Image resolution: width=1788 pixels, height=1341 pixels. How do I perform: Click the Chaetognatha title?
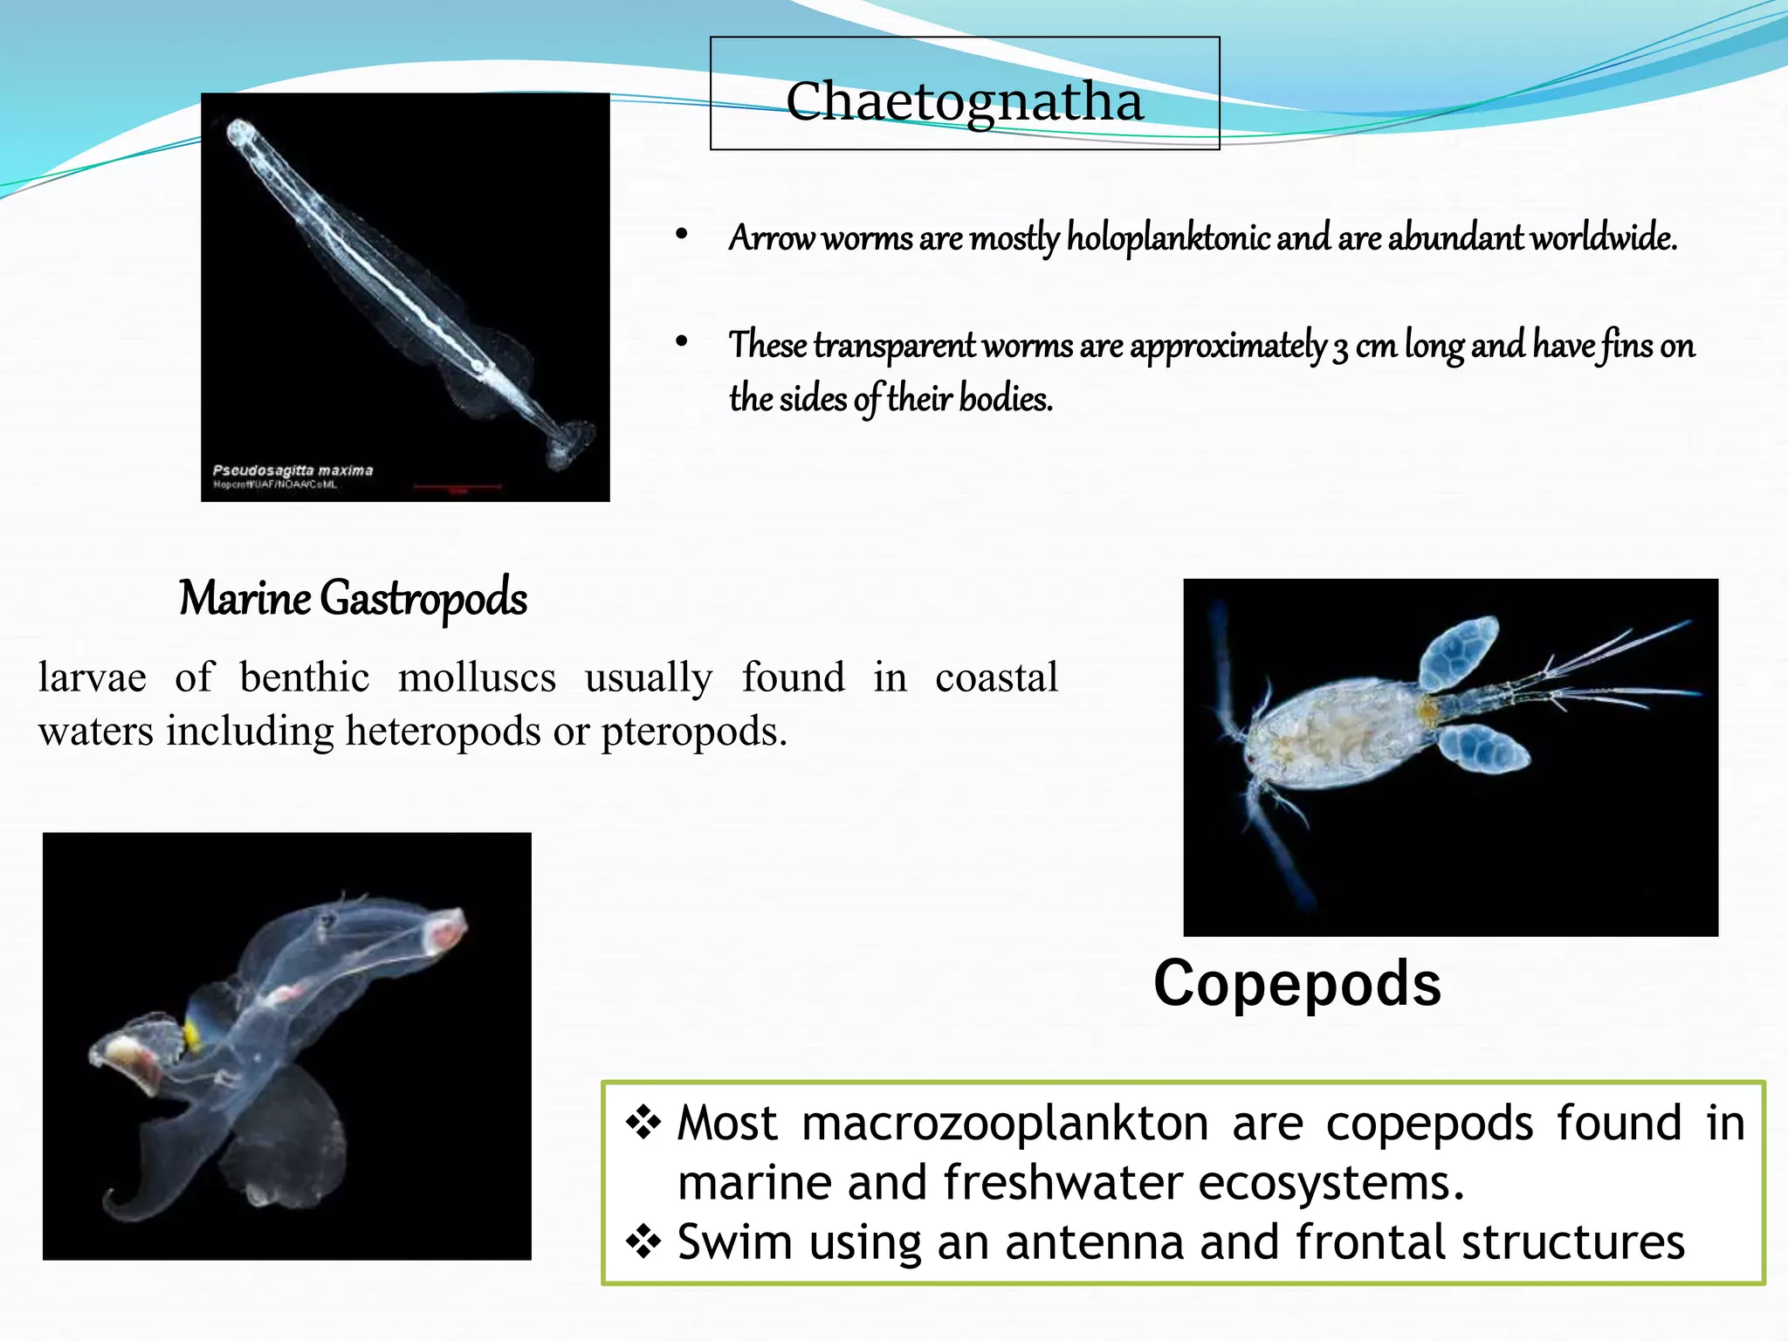click(x=964, y=101)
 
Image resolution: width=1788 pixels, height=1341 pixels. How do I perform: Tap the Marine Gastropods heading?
click(x=353, y=599)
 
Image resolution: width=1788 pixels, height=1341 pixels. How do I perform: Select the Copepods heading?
click(x=1296, y=984)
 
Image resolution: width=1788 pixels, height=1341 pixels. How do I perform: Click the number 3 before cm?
click(x=1339, y=347)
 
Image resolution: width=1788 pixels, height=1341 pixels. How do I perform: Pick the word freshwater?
click(x=1063, y=1183)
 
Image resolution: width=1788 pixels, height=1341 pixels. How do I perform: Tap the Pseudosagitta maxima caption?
click(x=292, y=471)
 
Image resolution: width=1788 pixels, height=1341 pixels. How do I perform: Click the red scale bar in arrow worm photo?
click(x=457, y=485)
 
